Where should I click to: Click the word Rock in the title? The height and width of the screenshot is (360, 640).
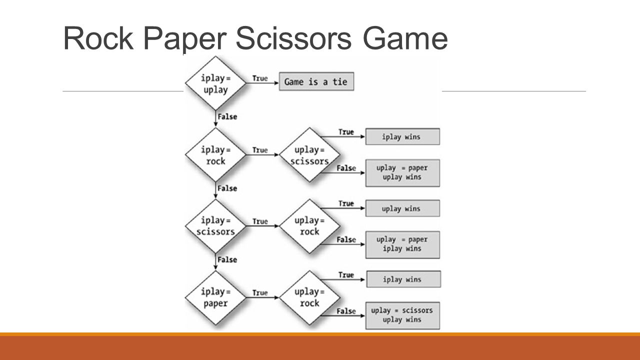pyautogui.click(x=98, y=38)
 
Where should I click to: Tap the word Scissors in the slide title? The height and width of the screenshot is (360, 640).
pyautogui.click(x=293, y=38)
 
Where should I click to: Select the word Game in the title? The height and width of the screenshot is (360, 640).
pyautogui.click(x=405, y=38)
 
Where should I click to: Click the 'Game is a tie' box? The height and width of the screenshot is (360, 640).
pyautogui.click(x=316, y=81)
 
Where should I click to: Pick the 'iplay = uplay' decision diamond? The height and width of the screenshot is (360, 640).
pyautogui.click(x=215, y=83)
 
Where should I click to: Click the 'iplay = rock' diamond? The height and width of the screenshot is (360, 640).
pyautogui.click(x=215, y=154)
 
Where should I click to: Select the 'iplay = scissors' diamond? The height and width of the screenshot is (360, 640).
pyautogui.click(x=215, y=226)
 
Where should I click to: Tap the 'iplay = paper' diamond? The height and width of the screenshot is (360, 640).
pyautogui.click(x=215, y=297)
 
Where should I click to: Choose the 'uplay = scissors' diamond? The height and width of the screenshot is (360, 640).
pyautogui.click(x=309, y=154)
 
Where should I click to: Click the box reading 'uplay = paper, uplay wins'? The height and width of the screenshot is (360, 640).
pyautogui.click(x=402, y=173)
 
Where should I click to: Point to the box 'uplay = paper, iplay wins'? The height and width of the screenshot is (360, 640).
pyautogui.click(x=402, y=244)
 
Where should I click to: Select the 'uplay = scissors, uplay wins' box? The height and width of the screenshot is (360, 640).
pyautogui.click(x=402, y=315)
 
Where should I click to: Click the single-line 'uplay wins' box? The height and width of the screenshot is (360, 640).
pyautogui.click(x=402, y=208)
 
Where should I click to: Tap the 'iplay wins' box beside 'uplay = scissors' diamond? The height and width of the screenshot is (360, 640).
pyautogui.click(x=402, y=136)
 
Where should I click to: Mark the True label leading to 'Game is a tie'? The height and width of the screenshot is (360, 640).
pyautogui.click(x=260, y=78)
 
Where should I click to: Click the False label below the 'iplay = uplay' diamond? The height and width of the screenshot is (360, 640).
pyautogui.click(x=227, y=116)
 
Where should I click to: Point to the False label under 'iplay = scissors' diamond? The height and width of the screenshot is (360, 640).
pyautogui.click(x=227, y=259)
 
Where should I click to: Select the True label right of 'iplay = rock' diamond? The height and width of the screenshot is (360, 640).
pyautogui.click(x=260, y=150)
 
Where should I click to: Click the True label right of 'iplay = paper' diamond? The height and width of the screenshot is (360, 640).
pyautogui.click(x=260, y=293)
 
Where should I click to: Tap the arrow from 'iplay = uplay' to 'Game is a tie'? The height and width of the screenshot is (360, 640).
pyautogui.click(x=262, y=83)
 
